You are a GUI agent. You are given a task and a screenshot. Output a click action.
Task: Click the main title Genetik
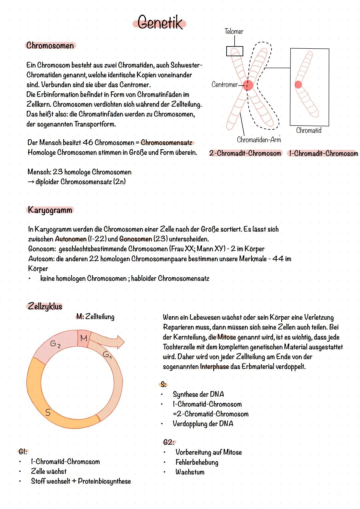[160, 23]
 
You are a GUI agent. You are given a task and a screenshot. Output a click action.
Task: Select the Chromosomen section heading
[50, 45]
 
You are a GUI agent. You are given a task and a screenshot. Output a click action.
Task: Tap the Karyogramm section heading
[50, 210]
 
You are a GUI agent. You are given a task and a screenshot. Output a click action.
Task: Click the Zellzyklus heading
[45, 306]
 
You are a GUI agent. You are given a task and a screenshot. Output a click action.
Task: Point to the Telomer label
[234, 31]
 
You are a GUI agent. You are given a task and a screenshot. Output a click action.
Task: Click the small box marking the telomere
[234, 51]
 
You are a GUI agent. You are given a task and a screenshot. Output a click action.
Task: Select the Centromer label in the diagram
[224, 84]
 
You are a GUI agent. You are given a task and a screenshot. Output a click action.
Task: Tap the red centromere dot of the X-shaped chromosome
[248, 85]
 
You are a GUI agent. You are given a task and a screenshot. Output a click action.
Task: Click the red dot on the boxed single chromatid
[298, 85]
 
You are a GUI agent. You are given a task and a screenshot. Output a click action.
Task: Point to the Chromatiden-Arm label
[259, 140]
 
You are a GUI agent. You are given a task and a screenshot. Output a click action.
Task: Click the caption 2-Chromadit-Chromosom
[245, 153]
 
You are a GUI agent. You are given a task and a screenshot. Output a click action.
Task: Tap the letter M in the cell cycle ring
[84, 338]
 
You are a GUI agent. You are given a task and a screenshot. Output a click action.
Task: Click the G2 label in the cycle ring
[55, 344]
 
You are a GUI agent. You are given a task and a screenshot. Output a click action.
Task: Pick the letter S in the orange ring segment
[48, 412]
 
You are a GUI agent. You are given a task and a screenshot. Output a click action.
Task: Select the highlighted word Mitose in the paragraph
[227, 337]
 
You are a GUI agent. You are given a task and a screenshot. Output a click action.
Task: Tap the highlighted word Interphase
[214, 367]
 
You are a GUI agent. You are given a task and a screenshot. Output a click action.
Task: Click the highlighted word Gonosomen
[135, 239]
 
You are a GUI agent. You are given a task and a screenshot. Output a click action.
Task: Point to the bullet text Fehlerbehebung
[197, 462]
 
